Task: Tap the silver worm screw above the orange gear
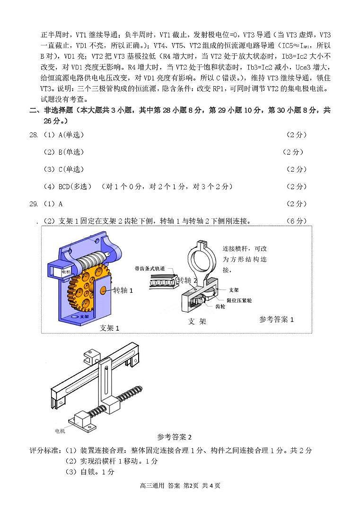click(92, 260)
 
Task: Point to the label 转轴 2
click(187, 280)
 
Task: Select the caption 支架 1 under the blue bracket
click(109, 328)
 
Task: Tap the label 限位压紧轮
click(239, 300)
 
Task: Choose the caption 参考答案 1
click(276, 319)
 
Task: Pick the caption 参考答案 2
click(175, 437)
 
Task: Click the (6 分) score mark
click(297, 221)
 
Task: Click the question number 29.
click(34, 204)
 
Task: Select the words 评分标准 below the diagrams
click(45, 450)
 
